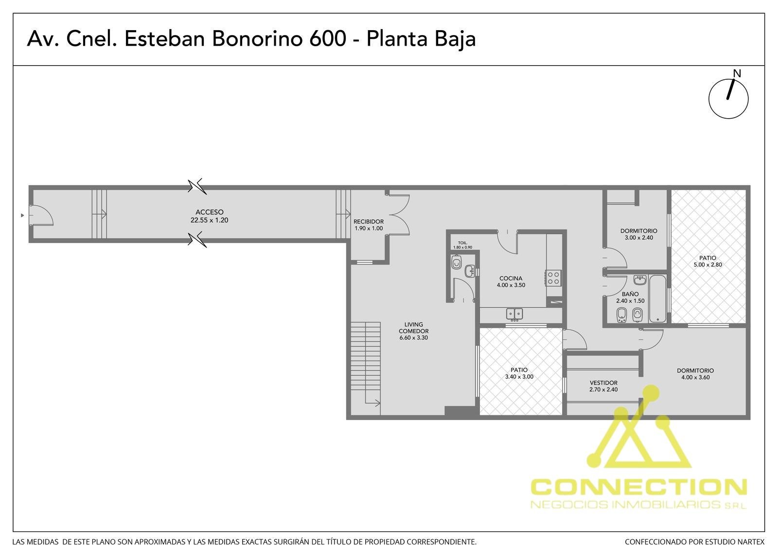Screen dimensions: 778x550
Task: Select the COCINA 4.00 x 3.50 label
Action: (x=511, y=282)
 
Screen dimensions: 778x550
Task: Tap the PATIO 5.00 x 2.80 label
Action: (x=708, y=261)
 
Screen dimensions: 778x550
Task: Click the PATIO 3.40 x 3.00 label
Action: (x=519, y=373)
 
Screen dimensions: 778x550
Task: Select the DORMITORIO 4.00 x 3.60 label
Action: (x=695, y=374)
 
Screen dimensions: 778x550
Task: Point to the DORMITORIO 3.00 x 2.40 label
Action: (x=639, y=234)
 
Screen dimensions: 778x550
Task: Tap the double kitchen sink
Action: (x=514, y=314)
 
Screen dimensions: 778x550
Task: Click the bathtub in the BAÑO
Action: (x=657, y=299)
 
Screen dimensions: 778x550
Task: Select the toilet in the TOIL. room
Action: (x=456, y=262)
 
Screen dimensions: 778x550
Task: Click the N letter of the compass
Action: (x=737, y=73)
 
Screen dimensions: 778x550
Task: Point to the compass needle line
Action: (x=731, y=89)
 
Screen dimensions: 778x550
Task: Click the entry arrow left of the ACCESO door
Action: (x=22, y=215)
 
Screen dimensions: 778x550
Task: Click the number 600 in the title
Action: (x=328, y=38)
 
